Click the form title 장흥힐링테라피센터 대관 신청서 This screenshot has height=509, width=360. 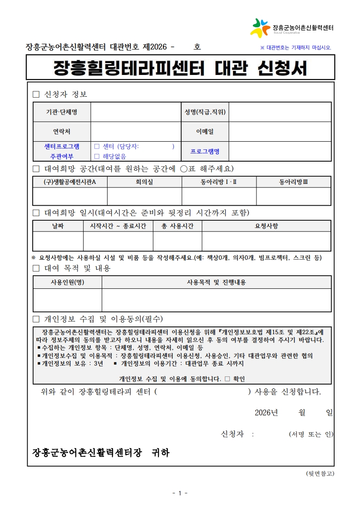pyautogui.click(x=180, y=68)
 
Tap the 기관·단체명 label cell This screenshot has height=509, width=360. pyautogui.click(x=62, y=112)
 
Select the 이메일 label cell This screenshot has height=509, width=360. pyautogui.click(x=205, y=132)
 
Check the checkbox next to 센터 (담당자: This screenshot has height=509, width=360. pyautogui.click(x=97, y=147)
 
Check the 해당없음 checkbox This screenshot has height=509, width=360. pyautogui.click(x=97, y=156)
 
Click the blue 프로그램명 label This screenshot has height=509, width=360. pyautogui.click(x=205, y=151)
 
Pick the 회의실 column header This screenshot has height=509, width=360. pyautogui.click(x=144, y=182)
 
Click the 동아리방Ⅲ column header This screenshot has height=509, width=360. pyautogui.click(x=293, y=182)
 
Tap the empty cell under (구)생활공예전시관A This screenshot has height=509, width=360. pyautogui.click(x=70, y=196)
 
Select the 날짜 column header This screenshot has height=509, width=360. pyautogui.click(x=58, y=226)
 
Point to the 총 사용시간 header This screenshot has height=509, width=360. pyautogui.click(x=177, y=226)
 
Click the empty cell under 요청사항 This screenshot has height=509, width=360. pyautogui.click(x=266, y=241)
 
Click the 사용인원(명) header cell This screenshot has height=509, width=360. pyautogui.click(x=67, y=282)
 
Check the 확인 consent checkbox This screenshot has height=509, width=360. pyautogui.click(x=227, y=379)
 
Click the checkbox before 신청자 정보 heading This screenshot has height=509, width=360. pyautogui.click(x=36, y=94)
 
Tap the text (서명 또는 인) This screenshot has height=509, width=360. pyautogui.click(x=311, y=434)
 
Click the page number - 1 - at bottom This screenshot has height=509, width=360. pyautogui.click(x=180, y=493)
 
